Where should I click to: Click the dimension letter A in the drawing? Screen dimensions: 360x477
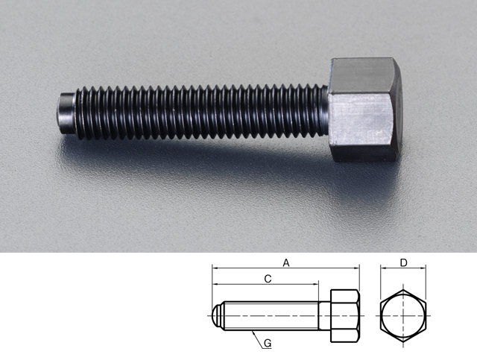[x=285, y=262]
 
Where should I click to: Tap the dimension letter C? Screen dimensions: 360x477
[x=267, y=280]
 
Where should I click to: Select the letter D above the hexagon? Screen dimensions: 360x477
[x=403, y=262]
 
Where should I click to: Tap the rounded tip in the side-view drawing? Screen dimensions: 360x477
[x=216, y=315]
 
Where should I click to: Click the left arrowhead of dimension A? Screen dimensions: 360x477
[x=215, y=268]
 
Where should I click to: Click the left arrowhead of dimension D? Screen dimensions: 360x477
[x=382, y=268]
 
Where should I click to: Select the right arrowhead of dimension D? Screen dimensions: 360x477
[x=425, y=268]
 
